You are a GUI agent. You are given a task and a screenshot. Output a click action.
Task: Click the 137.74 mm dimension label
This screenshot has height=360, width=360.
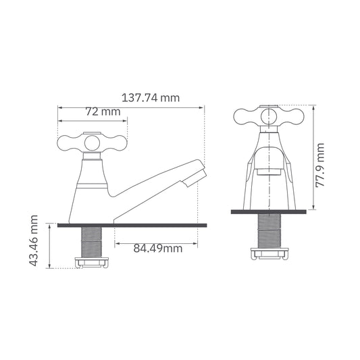(150, 98)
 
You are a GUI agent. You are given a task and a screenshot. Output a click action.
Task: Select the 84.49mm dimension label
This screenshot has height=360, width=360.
(157, 249)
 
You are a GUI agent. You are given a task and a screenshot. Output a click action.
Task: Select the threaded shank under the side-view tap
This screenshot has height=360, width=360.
(90, 242)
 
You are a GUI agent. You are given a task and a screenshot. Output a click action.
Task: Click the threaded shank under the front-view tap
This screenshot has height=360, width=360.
(270, 231)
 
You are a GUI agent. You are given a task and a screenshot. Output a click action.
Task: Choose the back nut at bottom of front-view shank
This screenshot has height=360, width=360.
(270, 254)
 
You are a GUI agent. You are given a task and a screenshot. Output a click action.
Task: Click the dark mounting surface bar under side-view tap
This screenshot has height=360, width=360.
(132, 225)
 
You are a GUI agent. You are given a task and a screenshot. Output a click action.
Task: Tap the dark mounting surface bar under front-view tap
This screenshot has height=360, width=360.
(270, 212)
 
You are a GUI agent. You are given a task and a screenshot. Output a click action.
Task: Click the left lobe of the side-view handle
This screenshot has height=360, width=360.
(68, 142)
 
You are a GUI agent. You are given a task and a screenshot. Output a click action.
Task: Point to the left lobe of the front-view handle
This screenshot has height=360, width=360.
(245, 117)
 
